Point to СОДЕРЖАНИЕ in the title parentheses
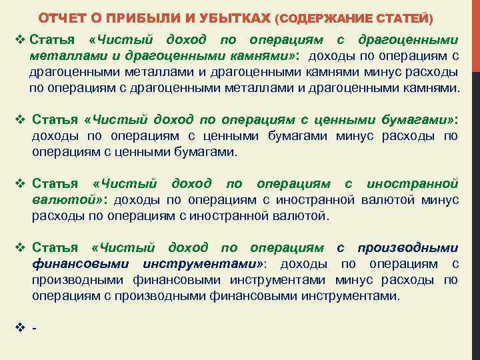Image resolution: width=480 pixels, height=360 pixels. (322, 16)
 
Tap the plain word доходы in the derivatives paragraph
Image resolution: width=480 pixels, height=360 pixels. (301, 264)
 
